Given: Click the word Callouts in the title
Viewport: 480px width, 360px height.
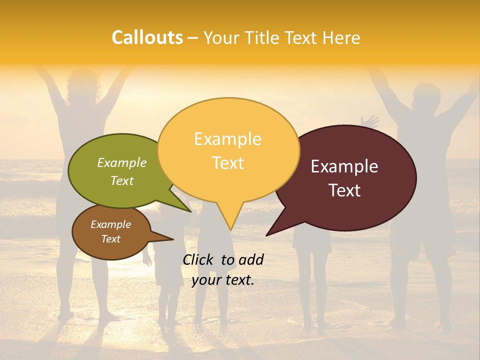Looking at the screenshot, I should coord(147,37).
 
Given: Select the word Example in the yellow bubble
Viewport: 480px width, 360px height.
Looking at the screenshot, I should coord(227,139).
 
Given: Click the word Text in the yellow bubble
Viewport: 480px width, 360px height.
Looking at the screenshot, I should coord(227,163).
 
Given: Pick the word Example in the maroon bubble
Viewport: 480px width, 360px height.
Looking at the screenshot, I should coord(344,166).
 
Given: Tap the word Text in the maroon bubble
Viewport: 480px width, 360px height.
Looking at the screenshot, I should coord(344,190).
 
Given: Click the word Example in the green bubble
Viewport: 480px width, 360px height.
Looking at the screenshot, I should coord(122,162).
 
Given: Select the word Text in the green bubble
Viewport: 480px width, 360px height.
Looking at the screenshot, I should coord(122,180).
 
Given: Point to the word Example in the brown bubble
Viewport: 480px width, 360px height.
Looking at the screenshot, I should coord(111,224).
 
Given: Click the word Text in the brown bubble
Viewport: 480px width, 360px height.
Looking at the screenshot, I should coord(111,239).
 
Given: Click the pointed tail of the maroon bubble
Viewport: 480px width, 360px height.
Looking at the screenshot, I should coord(270,233).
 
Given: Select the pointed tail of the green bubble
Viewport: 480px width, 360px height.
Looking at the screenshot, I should coord(187,209).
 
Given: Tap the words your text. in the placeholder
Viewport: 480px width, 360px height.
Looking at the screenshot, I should coord(222,280).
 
